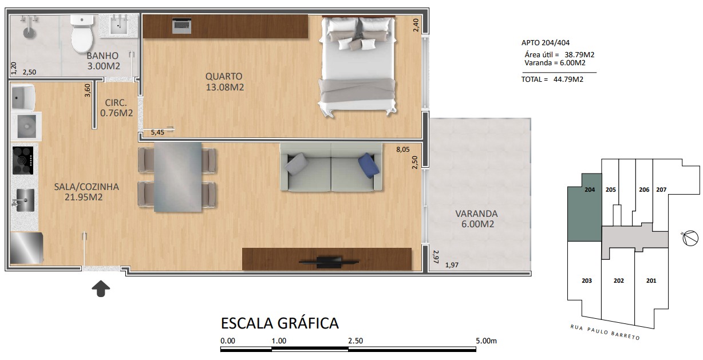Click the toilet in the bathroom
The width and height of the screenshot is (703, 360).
pyautogui.click(x=82, y=34)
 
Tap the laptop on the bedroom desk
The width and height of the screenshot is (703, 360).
pyautogui.click(x=181, y=26)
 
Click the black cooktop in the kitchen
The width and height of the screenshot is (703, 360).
pyautogui.click(x=23, y=160)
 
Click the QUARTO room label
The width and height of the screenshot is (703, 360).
pyautogui.click(x=224, y=76)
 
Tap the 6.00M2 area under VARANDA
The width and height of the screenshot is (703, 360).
pyautogui.click(x=477, y=224)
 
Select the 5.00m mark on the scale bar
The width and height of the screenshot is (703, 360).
pyautogui.click(x=486, y=341)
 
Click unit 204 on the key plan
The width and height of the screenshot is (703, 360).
pyautogui.click(x=584, y=207)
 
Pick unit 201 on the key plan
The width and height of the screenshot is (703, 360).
pyautogui.click(x=651, y=280)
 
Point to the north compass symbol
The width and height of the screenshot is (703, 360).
pyautogui.click(x=690, y=238)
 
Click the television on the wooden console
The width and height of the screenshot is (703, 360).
pyautogui.click(x=329, y=262)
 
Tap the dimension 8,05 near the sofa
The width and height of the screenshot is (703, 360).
pyautogui.click(x=403, y=149)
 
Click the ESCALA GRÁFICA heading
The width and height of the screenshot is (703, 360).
pyautogui.click(x=280, y=323)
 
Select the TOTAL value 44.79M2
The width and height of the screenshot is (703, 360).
pyautogui.click(x=568, y=80)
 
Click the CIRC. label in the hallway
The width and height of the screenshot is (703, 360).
pyautogui.click(x=116, y=102)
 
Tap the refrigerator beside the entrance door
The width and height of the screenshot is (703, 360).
pyautogui.click(x=26, y=248)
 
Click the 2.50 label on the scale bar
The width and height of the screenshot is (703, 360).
pyautogui.click(x=356, y=341)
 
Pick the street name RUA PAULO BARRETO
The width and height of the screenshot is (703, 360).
pyautogui.click(x=605, y=333)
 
